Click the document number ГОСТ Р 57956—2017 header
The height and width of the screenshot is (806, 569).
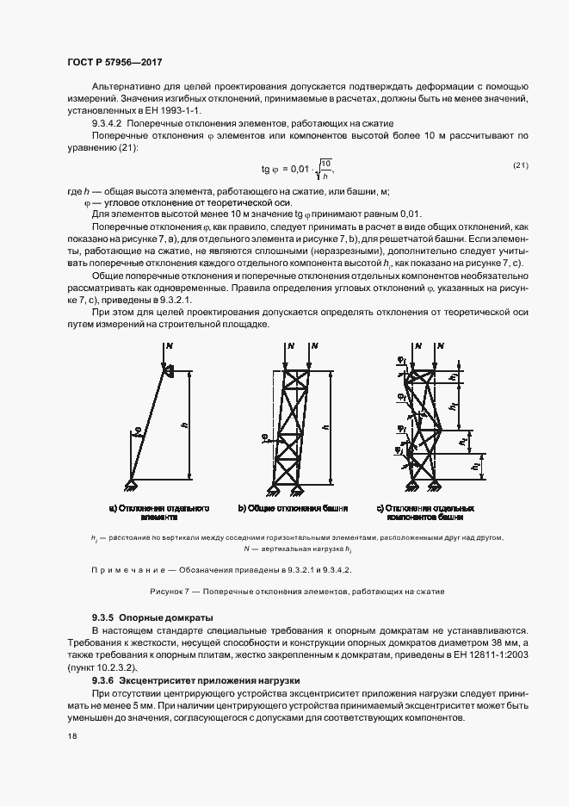pyautogui.click(x=114, y=63)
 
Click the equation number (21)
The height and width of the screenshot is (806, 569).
pyautogui.click(x=520, y=165)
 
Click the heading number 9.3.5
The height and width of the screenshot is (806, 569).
pyautogui.click(x=104, y=618)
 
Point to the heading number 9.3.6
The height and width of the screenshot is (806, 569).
pyautogui.click(x=104, y=680)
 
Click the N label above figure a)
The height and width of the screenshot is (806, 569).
pyautogui.click(x=172, y=347)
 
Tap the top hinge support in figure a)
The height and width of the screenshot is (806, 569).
pyautogui.click(x=170, y=371)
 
